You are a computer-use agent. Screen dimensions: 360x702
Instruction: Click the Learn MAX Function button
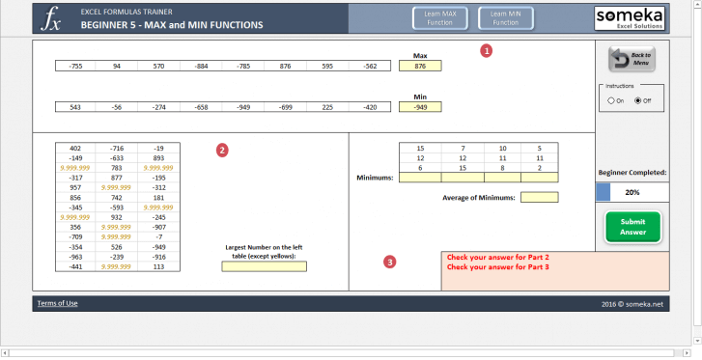[434, 18]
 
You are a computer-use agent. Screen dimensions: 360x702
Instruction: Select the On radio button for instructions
[611, 100]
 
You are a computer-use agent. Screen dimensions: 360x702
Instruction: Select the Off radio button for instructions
[638, 100]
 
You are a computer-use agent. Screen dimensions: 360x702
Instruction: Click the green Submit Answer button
[632, 227]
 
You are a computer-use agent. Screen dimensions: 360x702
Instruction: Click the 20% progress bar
[632, 192]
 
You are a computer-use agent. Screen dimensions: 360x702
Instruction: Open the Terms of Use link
[57, 303]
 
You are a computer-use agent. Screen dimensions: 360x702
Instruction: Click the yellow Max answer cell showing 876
[420, 67]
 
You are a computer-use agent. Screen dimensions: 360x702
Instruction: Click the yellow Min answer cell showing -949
[420, 108]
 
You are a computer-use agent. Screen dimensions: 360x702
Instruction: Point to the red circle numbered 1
[487, 50]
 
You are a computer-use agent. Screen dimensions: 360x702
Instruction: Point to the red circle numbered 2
[222, 150]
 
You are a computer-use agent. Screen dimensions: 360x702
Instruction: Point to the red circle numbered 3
[389, 262]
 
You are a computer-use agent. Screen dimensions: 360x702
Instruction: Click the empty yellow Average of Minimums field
[539, 198]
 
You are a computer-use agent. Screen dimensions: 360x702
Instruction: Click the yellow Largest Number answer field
[264, 266]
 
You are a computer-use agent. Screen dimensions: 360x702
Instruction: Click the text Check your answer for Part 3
[497, 267]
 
